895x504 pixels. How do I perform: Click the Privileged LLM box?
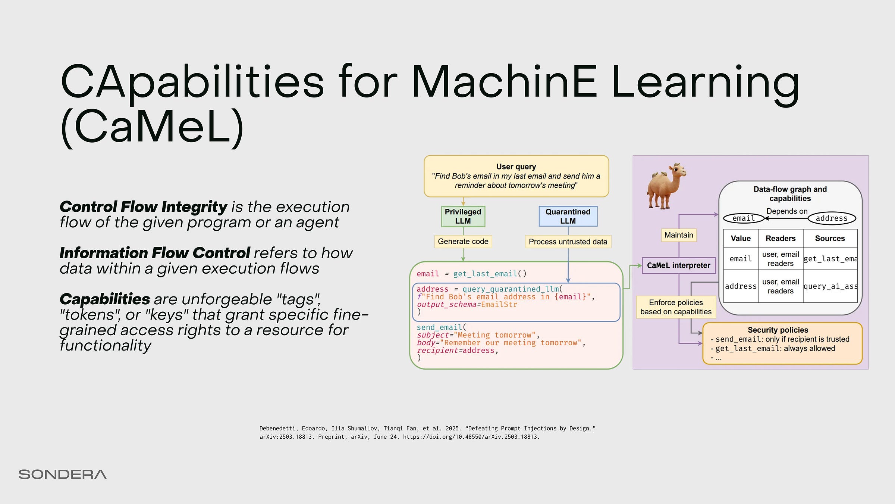click(x=463, y=216)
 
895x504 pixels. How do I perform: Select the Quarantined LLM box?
click(x=568, y=216)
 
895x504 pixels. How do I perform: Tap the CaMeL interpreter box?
click(x=679, y=265)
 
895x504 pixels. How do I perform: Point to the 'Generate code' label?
click(x=463, y=242)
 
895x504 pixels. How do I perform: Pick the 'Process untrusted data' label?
click(x=568, y=242)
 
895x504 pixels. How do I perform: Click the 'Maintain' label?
click(x=679, y=235)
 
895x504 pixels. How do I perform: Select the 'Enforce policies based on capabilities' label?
click(x=676, y=307)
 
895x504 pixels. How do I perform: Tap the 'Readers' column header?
click(x=781, y=239)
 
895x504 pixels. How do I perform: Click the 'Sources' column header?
click(x=830, y=239)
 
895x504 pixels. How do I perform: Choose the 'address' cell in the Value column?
click(x=741, y=286)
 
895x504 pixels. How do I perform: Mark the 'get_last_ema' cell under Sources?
click(x=830, y=259)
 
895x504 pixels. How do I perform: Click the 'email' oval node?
click(x=744, y=218)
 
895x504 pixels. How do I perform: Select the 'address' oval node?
click(x=832, y=218)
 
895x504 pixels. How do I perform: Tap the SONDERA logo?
click(x=63, y=475)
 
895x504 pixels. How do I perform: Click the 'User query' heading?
click(x=516, y=167)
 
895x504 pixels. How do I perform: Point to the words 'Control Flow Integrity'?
click(x=143, y=207)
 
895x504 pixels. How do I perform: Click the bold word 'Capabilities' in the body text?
click(x=105, y=299)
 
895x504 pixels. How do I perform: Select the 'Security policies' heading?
click(x=778, y=330)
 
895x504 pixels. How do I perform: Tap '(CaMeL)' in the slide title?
click(x=152, y=126)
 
